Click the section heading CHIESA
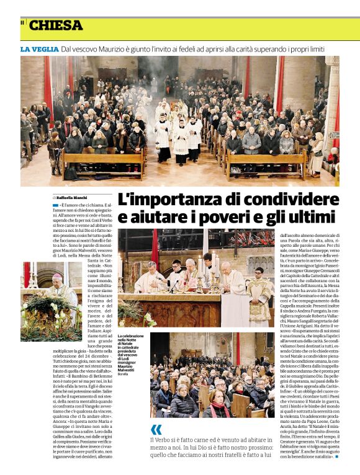click(55, 25)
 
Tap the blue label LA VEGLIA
click(39, 49)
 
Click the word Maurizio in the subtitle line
click(124, 49)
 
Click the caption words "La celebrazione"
click(131, 336)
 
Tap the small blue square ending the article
click(337, 456)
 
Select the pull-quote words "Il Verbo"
click(163, 440)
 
